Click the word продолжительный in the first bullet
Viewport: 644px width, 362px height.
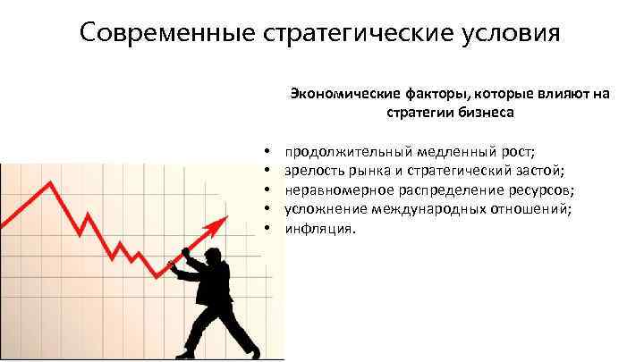tap(343, 151)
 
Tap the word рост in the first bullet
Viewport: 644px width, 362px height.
tap(517, 151)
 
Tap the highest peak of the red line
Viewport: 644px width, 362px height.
tap(52, 184)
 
